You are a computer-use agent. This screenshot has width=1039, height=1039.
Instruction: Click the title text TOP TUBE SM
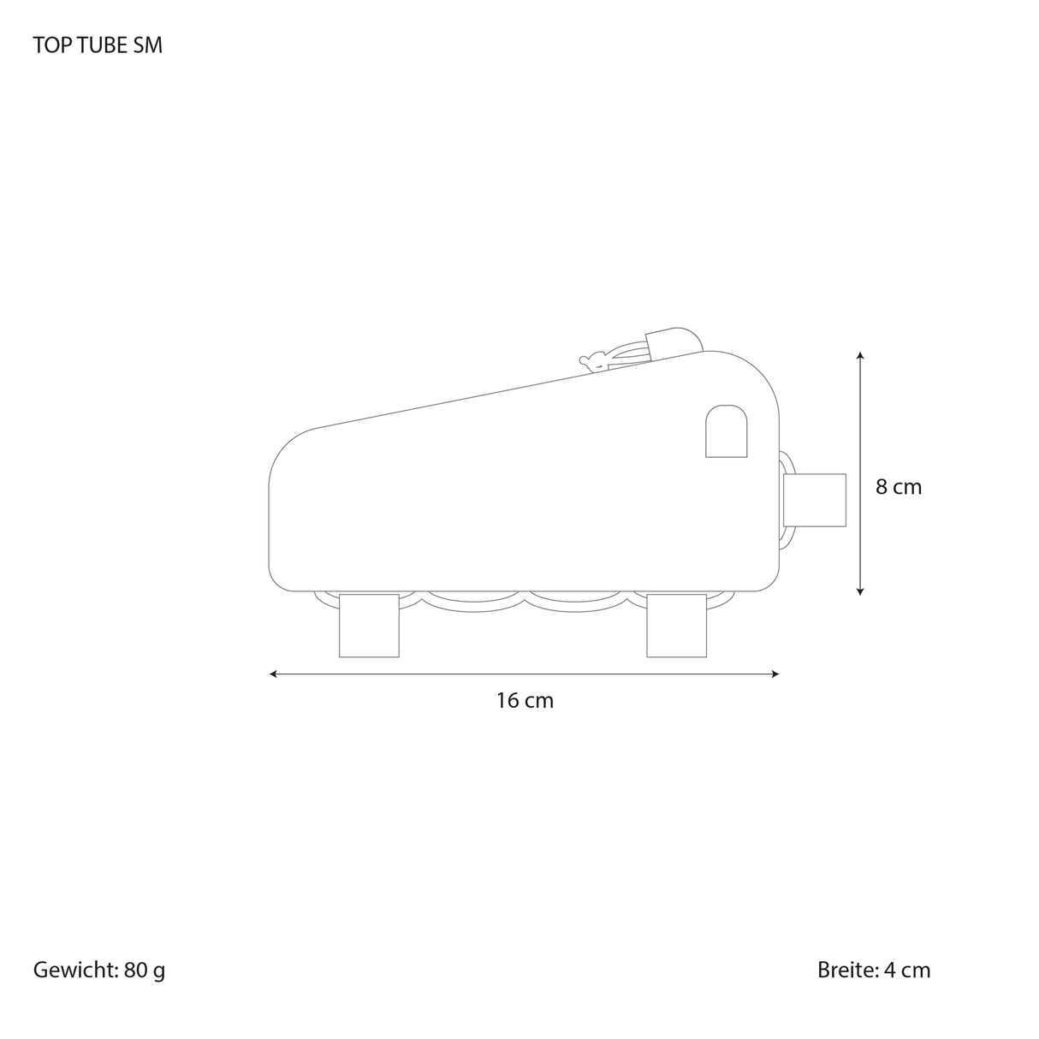(x=98, y=45)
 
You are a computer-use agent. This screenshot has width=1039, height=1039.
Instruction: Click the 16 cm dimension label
(x=525, y=700)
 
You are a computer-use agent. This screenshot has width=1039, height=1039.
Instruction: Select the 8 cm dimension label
(x=898, y=487)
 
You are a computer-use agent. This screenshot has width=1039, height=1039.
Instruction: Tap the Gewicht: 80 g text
(x=99, y=970)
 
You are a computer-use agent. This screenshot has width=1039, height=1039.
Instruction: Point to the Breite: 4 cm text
(x=873, y=970)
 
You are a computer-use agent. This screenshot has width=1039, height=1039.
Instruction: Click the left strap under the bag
(x=369, y=625)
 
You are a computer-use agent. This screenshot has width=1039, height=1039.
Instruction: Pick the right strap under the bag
(x=676, y=625)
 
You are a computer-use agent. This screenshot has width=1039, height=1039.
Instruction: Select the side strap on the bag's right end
(x=815, y=500)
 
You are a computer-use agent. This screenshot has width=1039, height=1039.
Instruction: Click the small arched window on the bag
(x=726, y=431)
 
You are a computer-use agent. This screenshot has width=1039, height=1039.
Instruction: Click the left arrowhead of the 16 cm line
(x=273, y=674)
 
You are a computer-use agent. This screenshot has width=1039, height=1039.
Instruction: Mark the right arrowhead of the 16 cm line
(x=775, y=674)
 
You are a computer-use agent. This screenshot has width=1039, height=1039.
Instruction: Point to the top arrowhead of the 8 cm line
(x=860, y=354)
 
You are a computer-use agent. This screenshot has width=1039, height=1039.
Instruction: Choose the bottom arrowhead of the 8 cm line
(x=860, y=591)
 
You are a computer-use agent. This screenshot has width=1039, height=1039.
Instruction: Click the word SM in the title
(x=147, y=45)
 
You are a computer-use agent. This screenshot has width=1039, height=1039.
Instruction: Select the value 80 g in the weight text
(x=144, y=970)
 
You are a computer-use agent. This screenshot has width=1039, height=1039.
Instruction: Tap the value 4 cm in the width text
(x=907, y=970)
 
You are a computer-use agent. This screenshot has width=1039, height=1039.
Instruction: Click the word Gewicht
(x=74, y=970)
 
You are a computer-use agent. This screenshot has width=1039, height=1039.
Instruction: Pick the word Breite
(x=846, y=970)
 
